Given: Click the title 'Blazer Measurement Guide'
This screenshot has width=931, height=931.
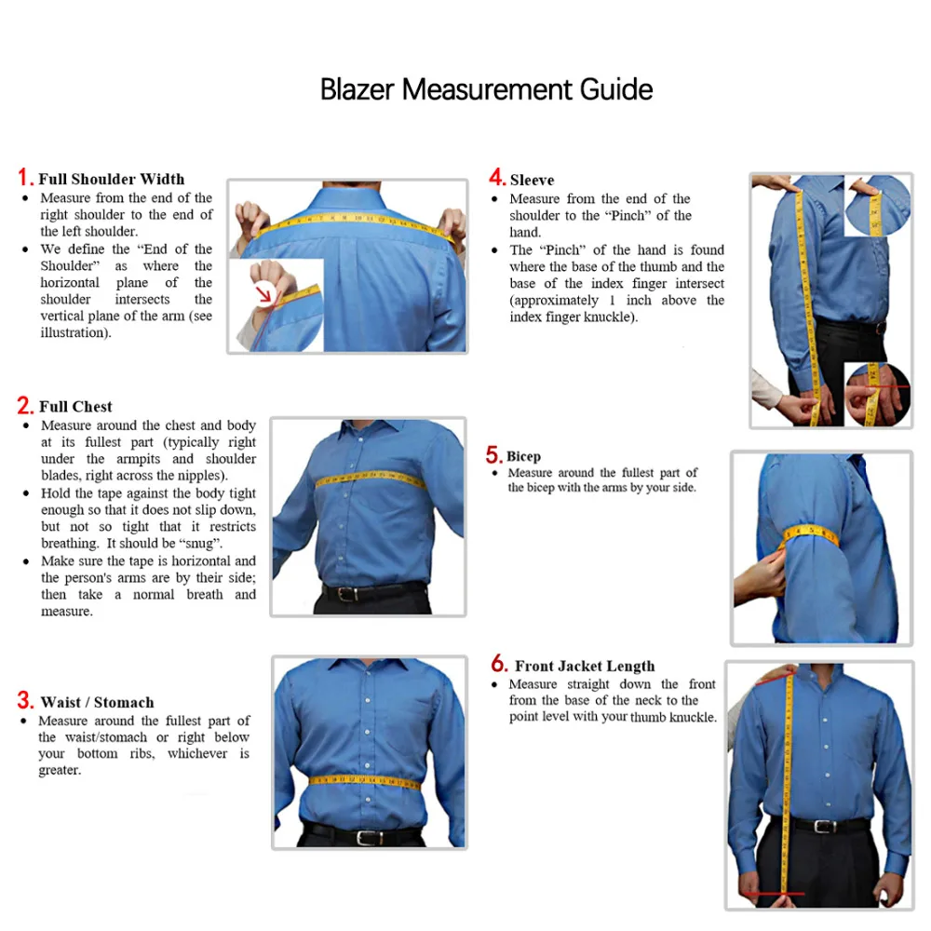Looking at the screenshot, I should click(x=486, y=90).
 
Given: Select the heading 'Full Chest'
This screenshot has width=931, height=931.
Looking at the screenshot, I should click(x=75, y=407).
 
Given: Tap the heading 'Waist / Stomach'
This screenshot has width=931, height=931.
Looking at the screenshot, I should click(x=97, y=703).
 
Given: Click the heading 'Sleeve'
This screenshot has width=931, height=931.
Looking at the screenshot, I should click(x=532, y=181).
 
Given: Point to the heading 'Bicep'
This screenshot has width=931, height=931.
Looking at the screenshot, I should click(x=523, y=457).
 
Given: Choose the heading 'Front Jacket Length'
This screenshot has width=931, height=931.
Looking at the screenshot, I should click(x=585, y=667).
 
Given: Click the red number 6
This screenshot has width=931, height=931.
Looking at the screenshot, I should click(x=499, y=665).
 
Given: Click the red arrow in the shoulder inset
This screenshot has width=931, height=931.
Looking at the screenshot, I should click(x=268, y=295).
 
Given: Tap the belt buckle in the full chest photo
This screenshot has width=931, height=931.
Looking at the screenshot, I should click(x=348, y=593).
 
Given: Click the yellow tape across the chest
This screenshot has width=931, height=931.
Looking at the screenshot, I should click(x=370, y=479).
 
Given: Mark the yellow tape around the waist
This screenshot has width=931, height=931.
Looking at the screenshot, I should click(x=365, y=780).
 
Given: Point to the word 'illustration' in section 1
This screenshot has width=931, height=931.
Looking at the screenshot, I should click(x=74, y=333).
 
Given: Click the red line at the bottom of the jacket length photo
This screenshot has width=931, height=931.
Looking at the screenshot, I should click(x=772, y=897).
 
